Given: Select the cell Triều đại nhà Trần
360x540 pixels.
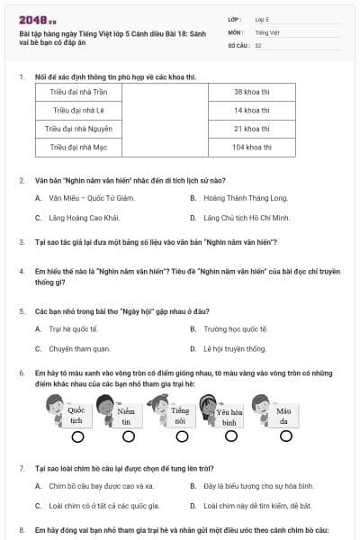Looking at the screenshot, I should point(74,93).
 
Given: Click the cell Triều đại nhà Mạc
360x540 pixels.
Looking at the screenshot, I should point(74,145).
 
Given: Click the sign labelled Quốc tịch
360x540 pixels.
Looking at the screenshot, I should point(76,415).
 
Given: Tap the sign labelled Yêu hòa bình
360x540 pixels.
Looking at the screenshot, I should point(229,417).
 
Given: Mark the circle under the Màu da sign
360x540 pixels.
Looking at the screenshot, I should point(283,437).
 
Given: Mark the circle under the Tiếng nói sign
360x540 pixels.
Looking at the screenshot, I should point(180,437).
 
